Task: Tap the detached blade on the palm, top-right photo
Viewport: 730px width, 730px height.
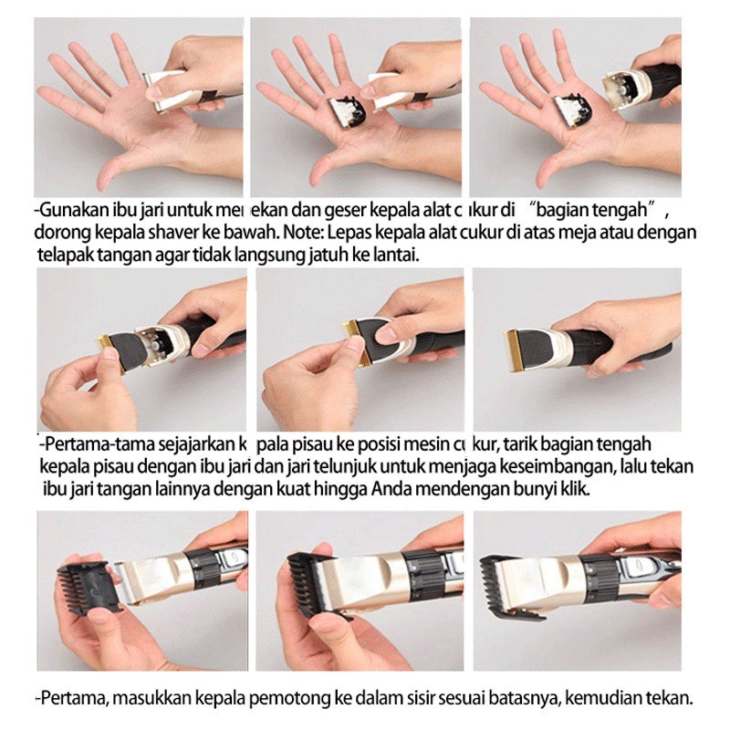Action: (572, 110)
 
